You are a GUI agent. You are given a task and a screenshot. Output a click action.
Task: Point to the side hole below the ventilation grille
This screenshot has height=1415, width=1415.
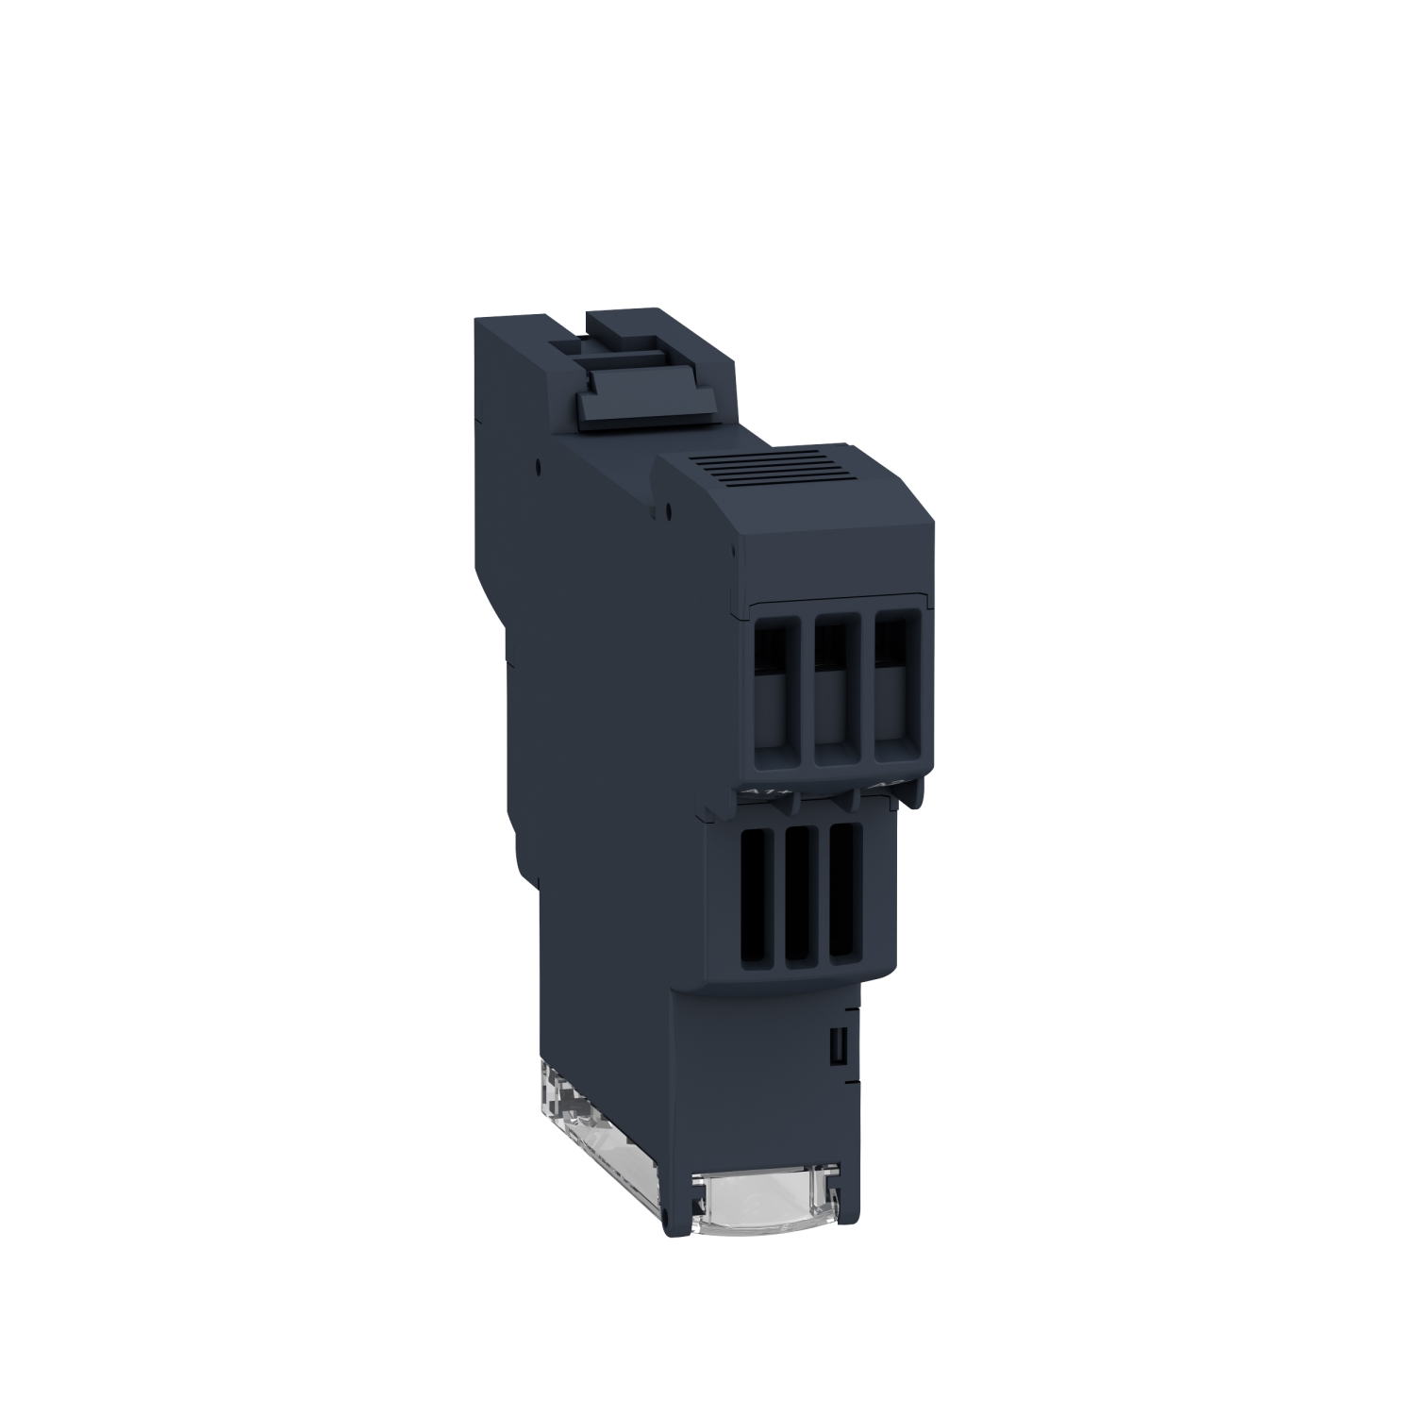point(668,515)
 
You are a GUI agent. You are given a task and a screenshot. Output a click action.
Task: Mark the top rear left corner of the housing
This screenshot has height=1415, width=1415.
point(476,321)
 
